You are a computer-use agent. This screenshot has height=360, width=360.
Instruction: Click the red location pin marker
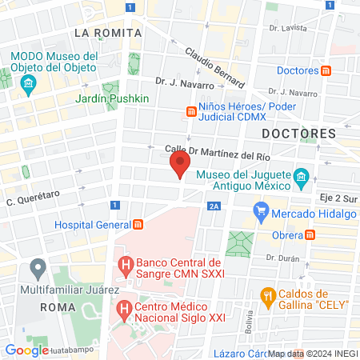(179, 166)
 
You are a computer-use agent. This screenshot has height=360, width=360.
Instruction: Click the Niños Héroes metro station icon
(191, 112)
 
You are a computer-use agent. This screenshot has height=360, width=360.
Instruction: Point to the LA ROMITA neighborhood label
(107, 33)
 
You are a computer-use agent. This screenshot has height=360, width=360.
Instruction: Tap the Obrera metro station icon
(310, 235)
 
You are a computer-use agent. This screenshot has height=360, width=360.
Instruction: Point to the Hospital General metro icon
(138, 225)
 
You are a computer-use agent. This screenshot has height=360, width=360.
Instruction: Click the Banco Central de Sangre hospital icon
(125, 263)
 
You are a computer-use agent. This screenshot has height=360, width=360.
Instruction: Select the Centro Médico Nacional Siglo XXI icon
(125, 307)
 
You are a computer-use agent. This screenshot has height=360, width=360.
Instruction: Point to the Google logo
(26, 350)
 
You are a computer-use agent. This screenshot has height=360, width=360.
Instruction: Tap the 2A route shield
(213, 206)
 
